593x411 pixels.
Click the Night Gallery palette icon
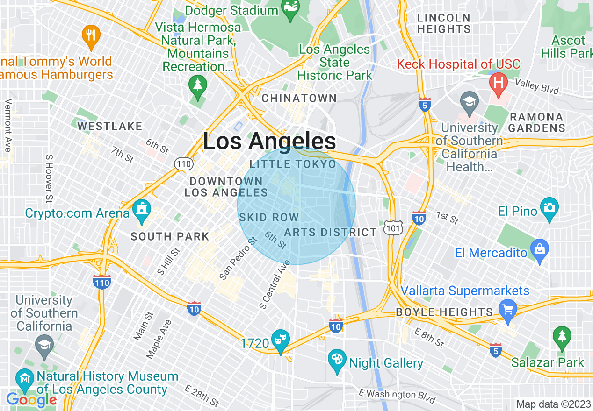coord(337,361)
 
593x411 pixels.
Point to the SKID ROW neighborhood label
coord(269,217)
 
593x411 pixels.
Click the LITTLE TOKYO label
coord(293,164)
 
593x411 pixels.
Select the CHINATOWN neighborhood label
coord(299,98)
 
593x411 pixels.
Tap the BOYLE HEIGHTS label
coord(444,312)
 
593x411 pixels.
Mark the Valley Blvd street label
coord(536,85)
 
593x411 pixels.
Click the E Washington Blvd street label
coord(397,396)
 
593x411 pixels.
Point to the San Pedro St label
coord(239,259)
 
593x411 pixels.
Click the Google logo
coord(31,400)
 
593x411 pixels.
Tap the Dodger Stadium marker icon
coord(290,10)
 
